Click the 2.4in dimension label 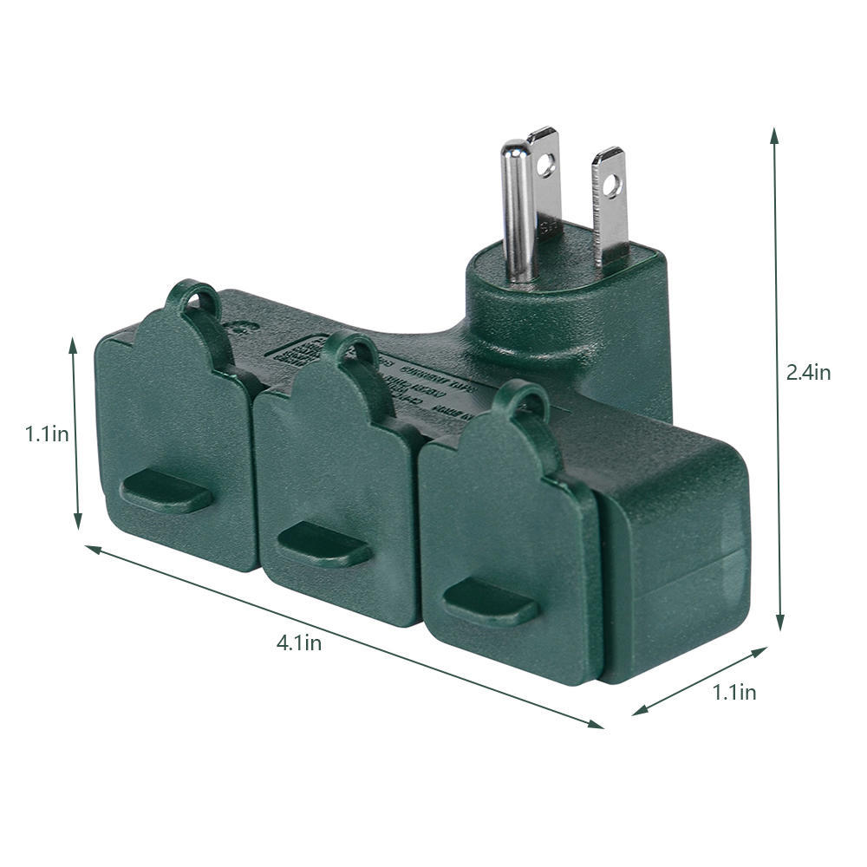(x=808, y=372)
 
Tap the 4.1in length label (x=299, y=642)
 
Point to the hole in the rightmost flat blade (x=612, y=184)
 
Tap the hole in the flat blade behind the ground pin (x=545, y=161)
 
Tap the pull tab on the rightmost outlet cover (x=491, y=602)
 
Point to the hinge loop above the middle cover (x=353, y=349)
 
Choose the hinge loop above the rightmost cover (x=521, y=400)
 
